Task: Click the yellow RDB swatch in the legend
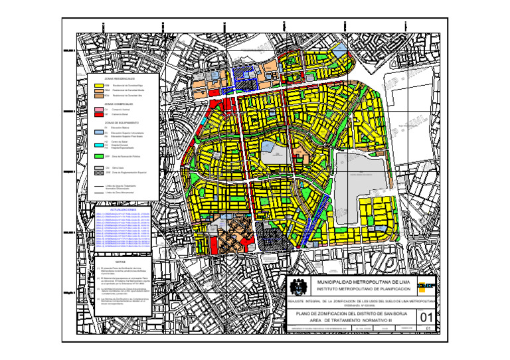coord(98,86)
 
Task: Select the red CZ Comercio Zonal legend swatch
coord(98,114)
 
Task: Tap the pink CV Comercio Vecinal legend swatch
coord(98,109)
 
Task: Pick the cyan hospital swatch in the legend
coord(98,144)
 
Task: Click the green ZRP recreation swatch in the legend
coord(98,155)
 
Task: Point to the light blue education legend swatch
coord(98,134)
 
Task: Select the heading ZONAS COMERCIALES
coord(120,104)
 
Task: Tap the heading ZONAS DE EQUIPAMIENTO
coord(120,123)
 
